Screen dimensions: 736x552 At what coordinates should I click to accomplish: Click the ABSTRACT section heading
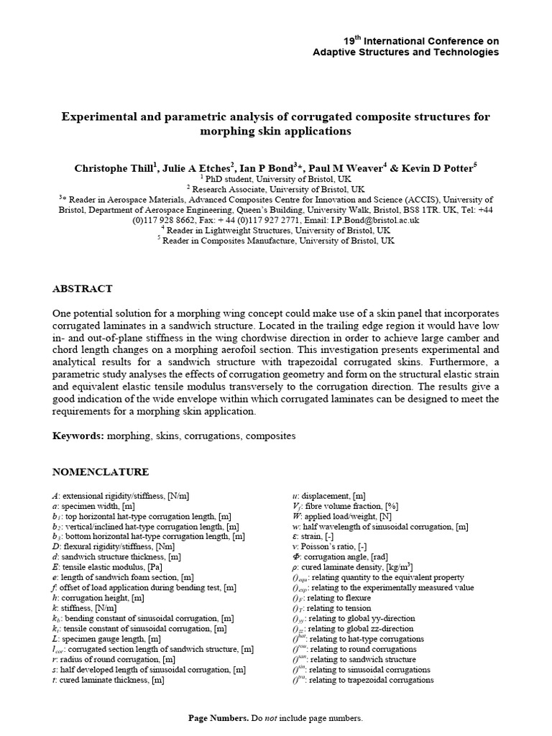83,289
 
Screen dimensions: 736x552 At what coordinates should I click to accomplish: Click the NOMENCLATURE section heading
101,472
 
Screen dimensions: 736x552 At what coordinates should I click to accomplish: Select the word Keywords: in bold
78,436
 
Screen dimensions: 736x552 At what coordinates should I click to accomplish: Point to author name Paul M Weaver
350,168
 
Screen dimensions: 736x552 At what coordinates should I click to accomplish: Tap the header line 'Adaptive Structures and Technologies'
406,52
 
